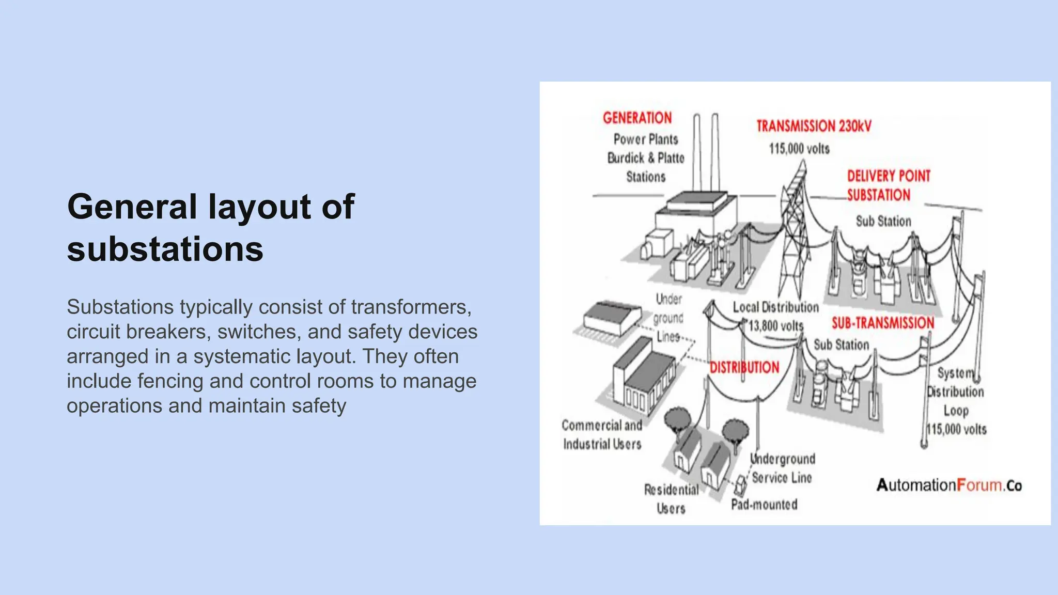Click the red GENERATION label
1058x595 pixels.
click(637, 118)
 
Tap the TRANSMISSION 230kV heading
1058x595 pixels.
click(814, 126)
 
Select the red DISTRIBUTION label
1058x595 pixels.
click(744, 368)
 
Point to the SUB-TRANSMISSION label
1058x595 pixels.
click(883, 323)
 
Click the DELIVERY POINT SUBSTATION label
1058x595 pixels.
click(888, 185)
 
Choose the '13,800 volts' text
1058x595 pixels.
click(776, 326)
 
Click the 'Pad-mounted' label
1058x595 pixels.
click(764, 505)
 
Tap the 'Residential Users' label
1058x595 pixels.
click(671, 499)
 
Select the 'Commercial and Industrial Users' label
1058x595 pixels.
click(602, 434)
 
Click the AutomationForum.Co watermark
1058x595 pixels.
click(949, 486)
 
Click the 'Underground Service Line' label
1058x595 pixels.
click(782, 468)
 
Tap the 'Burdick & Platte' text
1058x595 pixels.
click(646, 158)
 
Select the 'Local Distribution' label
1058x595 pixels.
click(775, 307)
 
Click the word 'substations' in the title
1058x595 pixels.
click(165, 249)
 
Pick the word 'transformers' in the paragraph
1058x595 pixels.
click(411, 307)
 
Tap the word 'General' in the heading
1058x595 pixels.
click(132, 207)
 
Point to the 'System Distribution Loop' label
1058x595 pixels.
click(956, 392)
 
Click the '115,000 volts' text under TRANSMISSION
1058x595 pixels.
click(799, 149)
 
